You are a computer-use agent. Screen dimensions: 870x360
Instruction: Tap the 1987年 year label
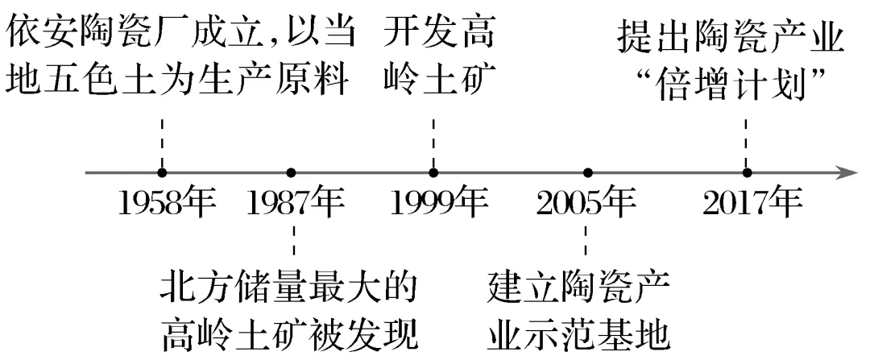pos(295,205)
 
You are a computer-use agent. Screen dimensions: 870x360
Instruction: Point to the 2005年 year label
pos(586,205)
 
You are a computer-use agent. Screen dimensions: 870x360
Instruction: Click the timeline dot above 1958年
pos(163,172)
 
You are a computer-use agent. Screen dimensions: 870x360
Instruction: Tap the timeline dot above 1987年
pos(292,172)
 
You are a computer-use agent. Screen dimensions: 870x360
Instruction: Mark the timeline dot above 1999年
pos(433,172)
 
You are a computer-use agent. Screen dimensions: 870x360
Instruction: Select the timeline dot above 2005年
pos(588,172)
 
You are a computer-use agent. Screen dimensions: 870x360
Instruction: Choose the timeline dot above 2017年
pos(748,172)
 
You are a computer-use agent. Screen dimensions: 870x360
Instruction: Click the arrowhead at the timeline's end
pos(846,172)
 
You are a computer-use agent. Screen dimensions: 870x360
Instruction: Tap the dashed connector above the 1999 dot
pos(433,140)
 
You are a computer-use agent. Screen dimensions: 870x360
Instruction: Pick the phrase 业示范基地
pos(578,329)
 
